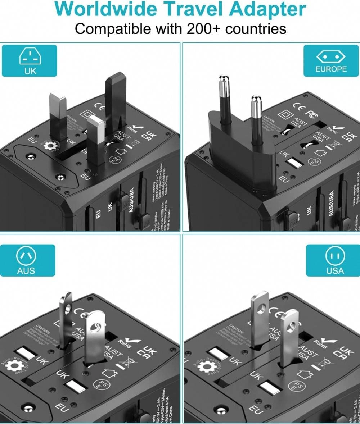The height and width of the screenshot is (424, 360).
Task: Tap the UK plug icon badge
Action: [30, 61]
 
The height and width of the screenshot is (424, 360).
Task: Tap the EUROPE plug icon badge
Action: [330, 61]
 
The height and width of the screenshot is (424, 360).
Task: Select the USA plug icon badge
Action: [332, 260]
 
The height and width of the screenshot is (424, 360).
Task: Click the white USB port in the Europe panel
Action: [296, 164]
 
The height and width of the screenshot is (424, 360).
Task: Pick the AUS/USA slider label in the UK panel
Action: [131, 200]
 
